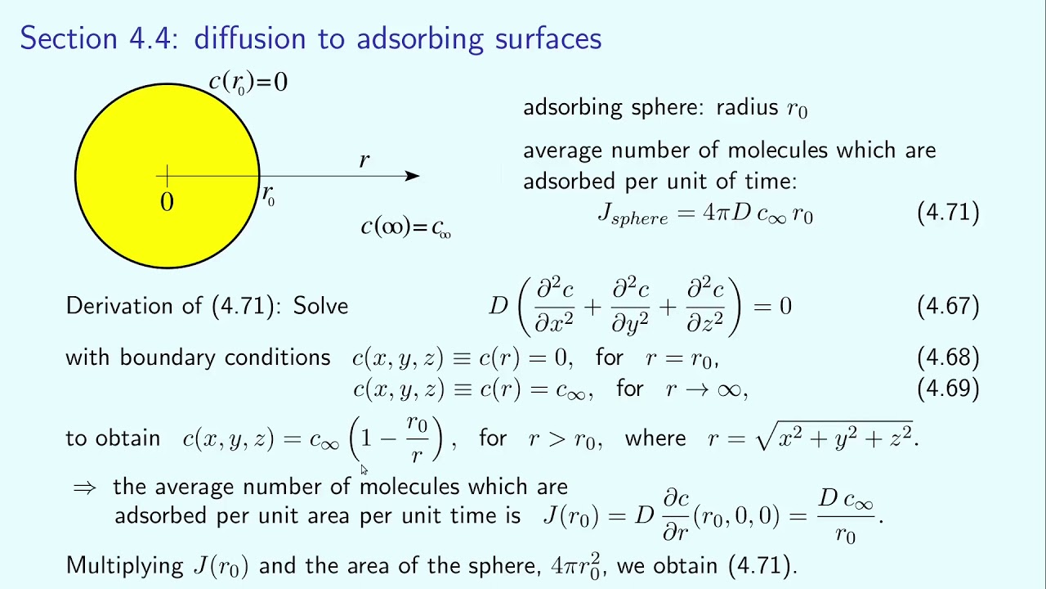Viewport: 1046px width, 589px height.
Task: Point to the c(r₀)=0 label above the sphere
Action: click(x=248, y=82)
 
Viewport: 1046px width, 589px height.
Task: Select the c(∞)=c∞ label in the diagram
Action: click(x=406, y=227)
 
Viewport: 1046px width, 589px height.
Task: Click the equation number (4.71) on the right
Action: click(x=948, y=213)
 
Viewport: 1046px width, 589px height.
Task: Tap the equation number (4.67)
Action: click(x=948, y=306)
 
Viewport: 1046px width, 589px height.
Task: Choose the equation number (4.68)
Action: click(x=948, y=357)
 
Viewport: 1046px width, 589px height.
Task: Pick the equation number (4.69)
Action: click(x=948, y=388)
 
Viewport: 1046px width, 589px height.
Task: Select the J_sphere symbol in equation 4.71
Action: click(x=633, y=215)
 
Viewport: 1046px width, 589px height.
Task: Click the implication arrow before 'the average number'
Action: click(x=84, y=488)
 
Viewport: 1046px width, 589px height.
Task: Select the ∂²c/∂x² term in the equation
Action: click(x=555, y=306)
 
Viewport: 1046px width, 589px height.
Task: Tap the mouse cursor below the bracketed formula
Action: click(x=364, y=470)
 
